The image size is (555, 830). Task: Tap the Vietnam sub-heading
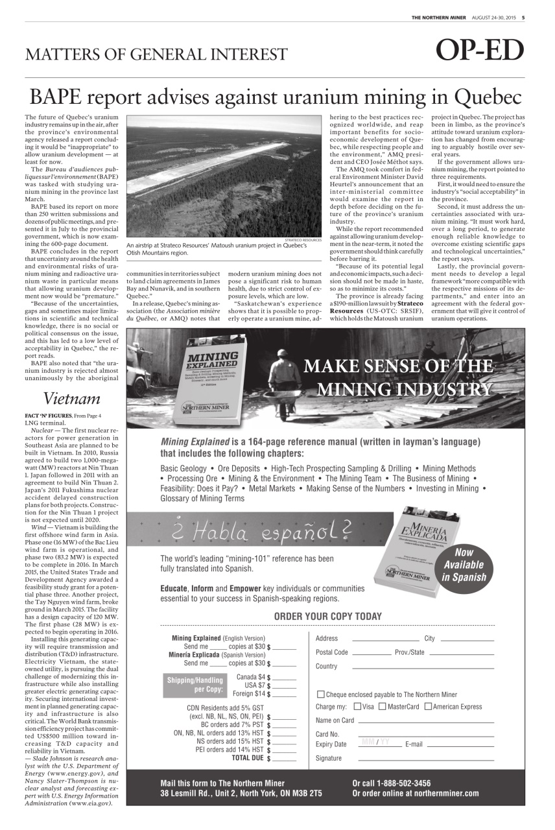71,398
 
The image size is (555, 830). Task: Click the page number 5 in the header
523,18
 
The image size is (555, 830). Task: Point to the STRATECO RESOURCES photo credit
303,240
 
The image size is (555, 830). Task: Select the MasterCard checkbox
382,707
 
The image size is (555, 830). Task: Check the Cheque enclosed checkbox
320,694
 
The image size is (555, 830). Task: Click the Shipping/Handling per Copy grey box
195,685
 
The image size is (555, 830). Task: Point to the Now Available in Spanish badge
464,565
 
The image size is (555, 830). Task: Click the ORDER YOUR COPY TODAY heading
327,616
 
